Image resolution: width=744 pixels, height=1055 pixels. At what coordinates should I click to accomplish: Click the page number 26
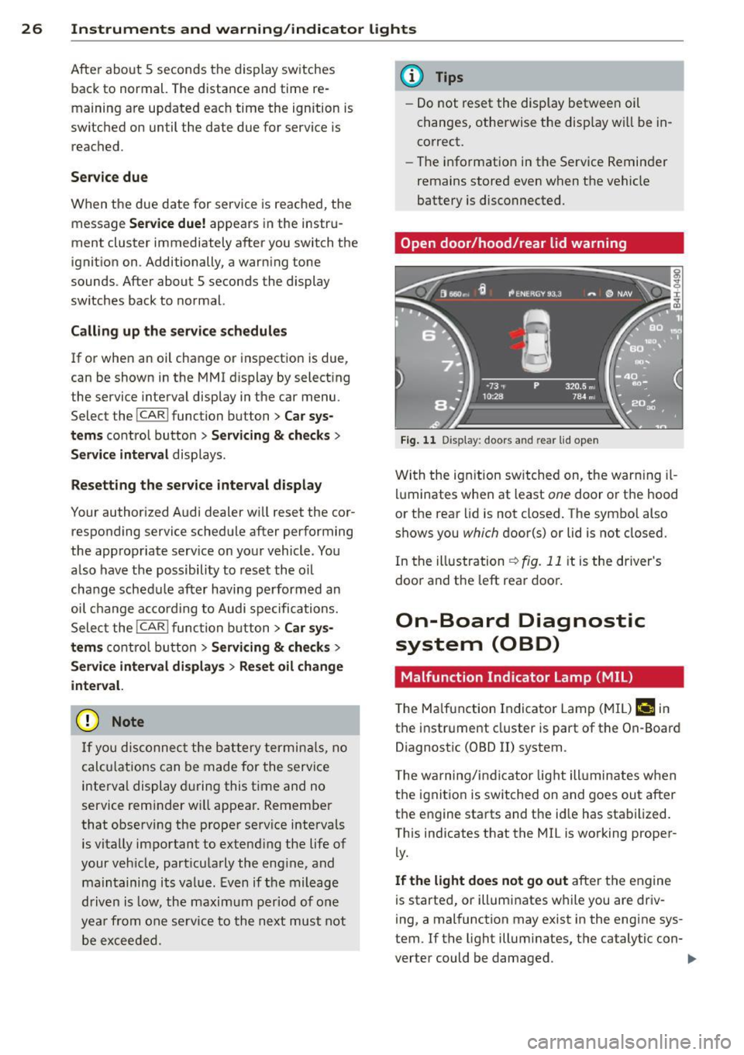[31, 29]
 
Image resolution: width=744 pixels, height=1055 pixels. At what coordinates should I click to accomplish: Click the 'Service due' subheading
[109, 177]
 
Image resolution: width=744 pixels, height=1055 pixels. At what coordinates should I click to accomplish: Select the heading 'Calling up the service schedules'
[178, 331]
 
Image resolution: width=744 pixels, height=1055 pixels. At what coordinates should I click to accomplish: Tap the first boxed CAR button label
[153, 415]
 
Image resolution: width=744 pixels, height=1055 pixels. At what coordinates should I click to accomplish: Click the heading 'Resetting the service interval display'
[196, 485]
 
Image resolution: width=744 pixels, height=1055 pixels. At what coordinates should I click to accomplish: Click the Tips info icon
[414, 77]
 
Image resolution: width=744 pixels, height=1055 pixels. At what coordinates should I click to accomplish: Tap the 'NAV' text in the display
[625, 294]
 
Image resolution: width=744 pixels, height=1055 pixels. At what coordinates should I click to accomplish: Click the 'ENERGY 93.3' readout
[537, 294]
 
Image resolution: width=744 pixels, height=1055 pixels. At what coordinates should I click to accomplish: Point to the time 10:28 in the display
[493, 396]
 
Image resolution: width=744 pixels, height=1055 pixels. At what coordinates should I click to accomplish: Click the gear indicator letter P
[536, 385]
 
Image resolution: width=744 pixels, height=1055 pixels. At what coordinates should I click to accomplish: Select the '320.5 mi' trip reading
[579, 386]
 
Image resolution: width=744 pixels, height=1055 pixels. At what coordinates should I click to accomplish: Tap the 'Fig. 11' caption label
[418, 440]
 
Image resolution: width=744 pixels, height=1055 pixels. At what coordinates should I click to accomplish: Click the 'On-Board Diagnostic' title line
[520, 621]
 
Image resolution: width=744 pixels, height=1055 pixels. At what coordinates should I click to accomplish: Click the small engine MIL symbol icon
[645, 709]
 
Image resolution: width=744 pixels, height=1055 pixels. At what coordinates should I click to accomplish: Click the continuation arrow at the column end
[692, 959]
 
